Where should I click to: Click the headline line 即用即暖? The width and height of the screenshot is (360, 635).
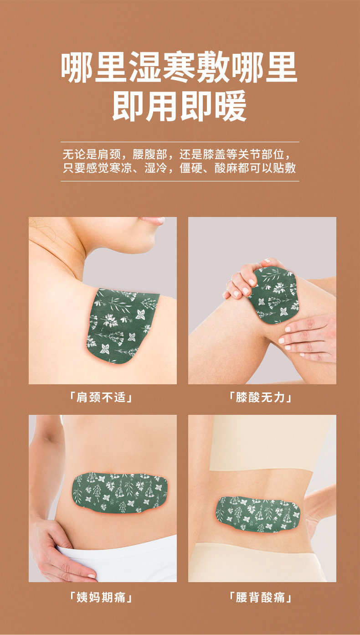click(x=180, y=106)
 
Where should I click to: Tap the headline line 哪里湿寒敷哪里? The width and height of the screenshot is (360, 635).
click(x=180, y=67)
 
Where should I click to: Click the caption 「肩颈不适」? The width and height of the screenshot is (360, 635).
click(x=102, y=397)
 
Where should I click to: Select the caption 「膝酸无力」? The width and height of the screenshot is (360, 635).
click(x=261, y=397)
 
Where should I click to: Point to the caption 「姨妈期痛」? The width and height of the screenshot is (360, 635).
click(x=102, y=597)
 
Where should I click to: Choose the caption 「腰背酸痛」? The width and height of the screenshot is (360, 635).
click(x=261, y=597)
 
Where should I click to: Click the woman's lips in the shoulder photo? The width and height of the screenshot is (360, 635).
click(x=152, y=221)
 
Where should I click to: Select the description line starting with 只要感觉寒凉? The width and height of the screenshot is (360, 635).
click(x=180, y=168)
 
